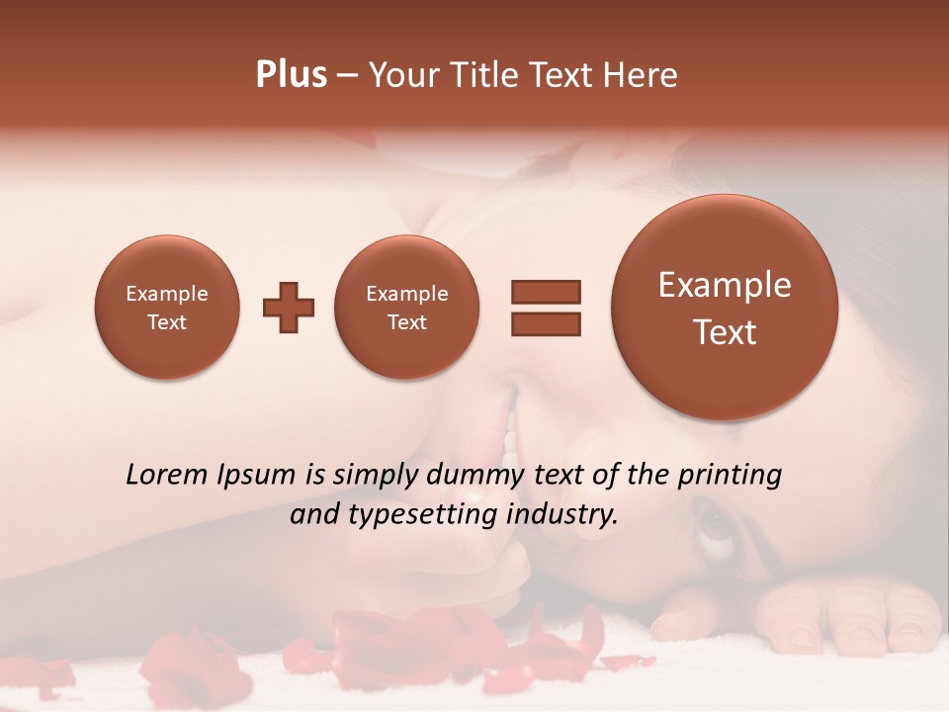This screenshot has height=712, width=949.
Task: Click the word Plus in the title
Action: [291, 75]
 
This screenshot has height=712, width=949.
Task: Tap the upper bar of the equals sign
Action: [545, 292]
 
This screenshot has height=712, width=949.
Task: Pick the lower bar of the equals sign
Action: [545, 323]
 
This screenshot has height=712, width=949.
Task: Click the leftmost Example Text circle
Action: [167, 308]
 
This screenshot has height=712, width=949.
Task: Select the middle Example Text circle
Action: [407, 308]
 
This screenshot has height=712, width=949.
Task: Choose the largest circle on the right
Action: [725, 308]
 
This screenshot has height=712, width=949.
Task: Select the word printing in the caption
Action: [730, 476]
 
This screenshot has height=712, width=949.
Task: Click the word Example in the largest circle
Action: [725, 285]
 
